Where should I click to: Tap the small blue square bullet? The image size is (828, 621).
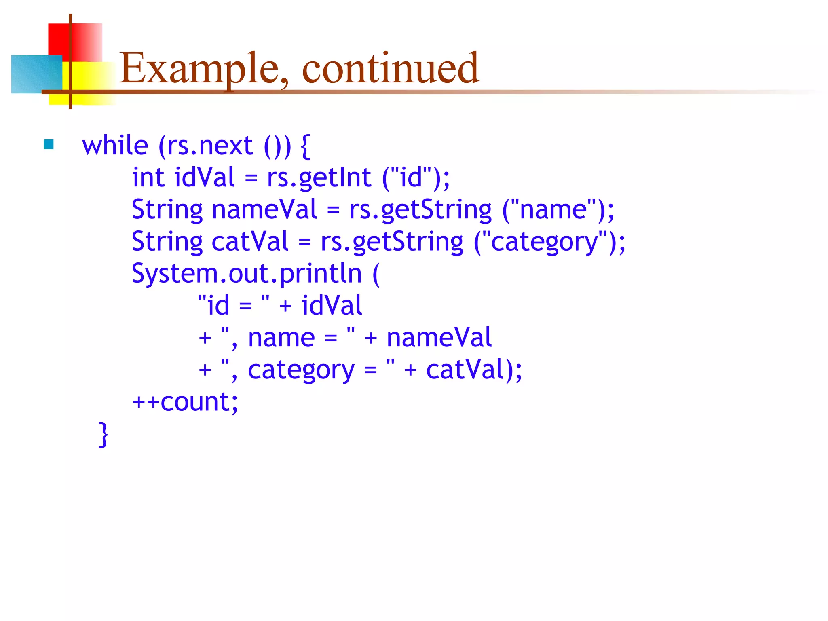click(49, 144)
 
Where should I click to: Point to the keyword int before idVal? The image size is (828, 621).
click(148, 177)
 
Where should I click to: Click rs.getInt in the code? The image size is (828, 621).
click(319, 177)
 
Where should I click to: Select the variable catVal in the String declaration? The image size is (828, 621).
click(250, 241)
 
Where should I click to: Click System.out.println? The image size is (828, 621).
click(247, 274)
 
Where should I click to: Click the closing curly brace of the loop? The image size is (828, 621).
click(103, 434)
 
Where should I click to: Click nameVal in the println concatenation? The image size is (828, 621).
click(439, 338)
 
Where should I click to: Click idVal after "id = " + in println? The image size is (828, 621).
click(332, 306)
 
